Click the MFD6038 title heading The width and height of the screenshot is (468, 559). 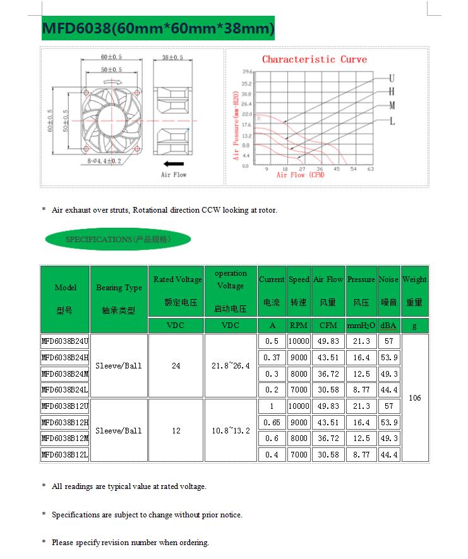tap(159, 29)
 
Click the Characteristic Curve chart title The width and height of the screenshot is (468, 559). tap(314, 59)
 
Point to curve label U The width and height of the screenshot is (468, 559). tap(392, 78)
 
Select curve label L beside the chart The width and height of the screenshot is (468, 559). tap(392, 121)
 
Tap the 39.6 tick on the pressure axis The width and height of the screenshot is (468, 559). tap(247, 73)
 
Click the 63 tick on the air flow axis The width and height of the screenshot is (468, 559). tap(371, 169)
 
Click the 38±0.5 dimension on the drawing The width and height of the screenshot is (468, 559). tap(172, 57)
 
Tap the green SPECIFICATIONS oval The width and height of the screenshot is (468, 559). tap(118, 240)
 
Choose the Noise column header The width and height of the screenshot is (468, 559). tap(388, 291)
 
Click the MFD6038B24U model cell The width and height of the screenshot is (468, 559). tap(65, 341)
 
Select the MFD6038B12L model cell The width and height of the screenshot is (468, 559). tap(65, 454)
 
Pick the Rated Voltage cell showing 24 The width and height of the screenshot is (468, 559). tap(176, 366)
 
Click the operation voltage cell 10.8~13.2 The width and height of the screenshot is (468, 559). tap(231, 431)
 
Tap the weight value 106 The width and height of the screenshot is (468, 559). tap(415, 398)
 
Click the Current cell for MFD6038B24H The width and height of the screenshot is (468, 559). tap(272, 358)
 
